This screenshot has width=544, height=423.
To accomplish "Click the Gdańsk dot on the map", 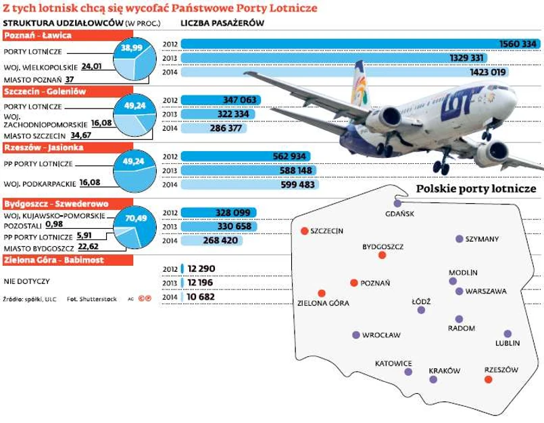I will click(397, 202).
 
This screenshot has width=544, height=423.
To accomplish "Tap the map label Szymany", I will click(483, 239).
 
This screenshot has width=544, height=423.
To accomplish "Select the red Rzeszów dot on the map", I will click(489, 380).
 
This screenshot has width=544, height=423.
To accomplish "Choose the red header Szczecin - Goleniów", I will click(47, 91).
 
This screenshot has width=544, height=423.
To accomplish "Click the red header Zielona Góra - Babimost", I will click(53, 258).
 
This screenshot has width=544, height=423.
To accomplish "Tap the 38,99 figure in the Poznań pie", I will click(131, 49).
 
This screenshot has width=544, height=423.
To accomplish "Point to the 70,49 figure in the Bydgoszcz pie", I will click(137, 218).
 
